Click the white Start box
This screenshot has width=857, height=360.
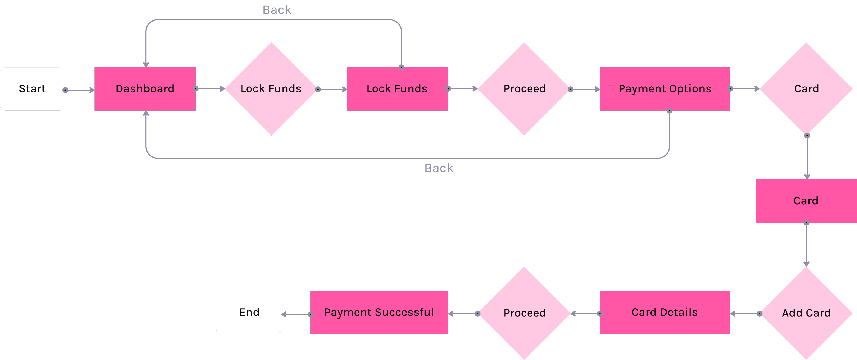pos(32,89)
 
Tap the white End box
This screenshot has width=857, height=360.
pos(249,313)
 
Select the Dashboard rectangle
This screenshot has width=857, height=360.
pos(145,89)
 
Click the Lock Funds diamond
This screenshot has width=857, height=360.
pos(271,89)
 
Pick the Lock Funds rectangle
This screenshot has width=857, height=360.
pos(397,89)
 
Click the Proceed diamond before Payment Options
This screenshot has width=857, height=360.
pos(524,89)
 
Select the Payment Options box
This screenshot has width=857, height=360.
pos(665,89)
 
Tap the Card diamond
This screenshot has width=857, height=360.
pos(806,89)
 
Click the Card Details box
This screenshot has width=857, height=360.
pos(665,313)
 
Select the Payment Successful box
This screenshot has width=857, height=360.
pos(379,313)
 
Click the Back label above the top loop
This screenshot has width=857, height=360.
pos(277,10)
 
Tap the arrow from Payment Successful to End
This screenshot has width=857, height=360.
pos(296,314)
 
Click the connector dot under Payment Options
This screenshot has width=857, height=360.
pos(669,111)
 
